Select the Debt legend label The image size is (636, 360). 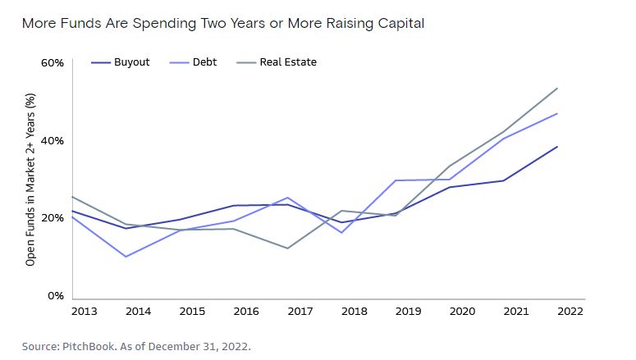(205, 62)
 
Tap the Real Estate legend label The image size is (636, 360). (288, 62)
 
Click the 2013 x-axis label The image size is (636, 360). (85, 312)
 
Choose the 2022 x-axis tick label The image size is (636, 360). (569, 312)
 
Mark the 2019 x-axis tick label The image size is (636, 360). (407, 312)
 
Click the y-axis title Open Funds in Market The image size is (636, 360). (31, 180)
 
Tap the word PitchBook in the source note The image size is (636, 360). (89, 345)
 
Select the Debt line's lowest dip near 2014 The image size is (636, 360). (126, 257)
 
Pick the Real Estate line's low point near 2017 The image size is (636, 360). (287, 248)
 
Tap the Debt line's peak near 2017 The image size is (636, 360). (287, 198)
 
